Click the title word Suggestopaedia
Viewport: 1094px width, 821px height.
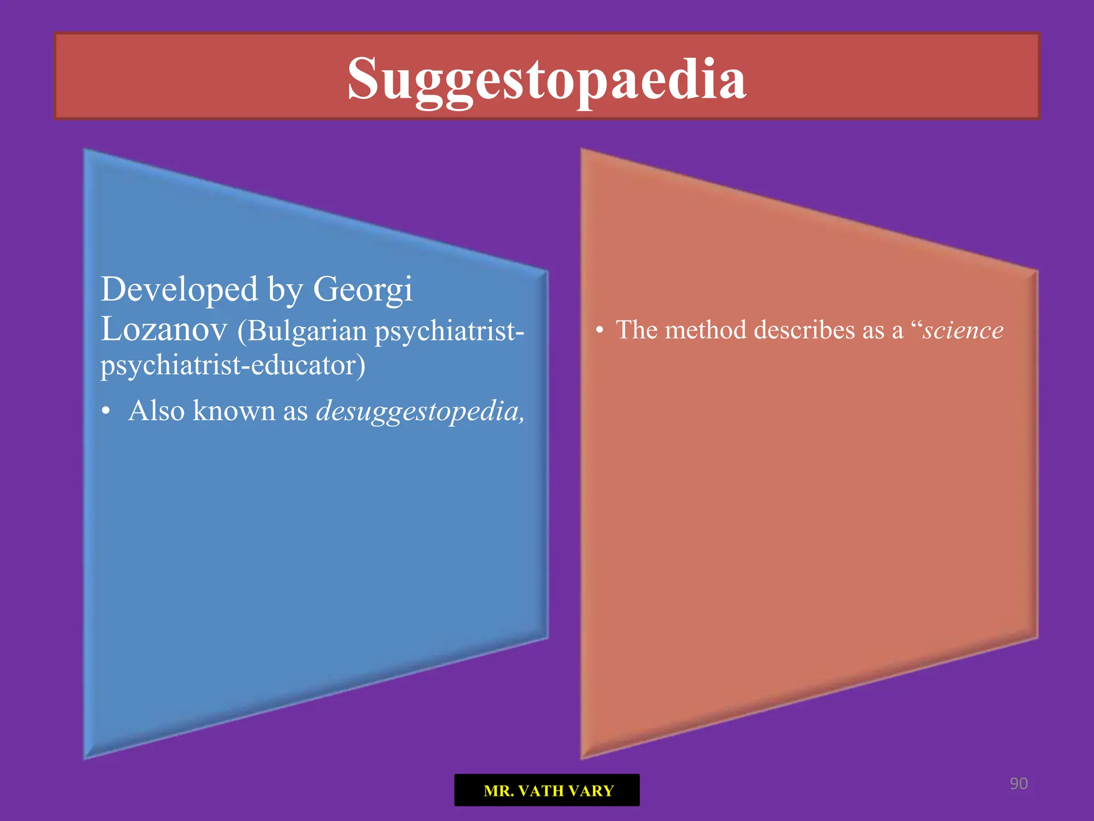pyautogui.click(x=546, y=79)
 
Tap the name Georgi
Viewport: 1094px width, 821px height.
pyautogui.click(x=362, y=290)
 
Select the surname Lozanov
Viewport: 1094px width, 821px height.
pyautogui.click(x=164, y=329)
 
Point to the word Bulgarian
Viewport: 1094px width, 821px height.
pyautogui.click(x=307, y=331)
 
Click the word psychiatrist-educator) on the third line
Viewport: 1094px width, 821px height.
pyautogui.click(x=233, y=365)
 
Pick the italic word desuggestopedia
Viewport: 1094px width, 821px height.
pyautogui.click(x=420, y=411)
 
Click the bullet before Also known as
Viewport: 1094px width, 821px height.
pyautogui.click(x=106, y=412)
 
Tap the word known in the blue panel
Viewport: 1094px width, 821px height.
pyautogui.click(x=234, y=411)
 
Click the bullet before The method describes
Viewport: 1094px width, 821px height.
pyautogui.click(x=599, y=330)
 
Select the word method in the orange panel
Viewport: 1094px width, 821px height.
pyautogui.click(x=706, y=330)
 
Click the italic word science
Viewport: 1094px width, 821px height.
pyautogui.click(x=963, y=330)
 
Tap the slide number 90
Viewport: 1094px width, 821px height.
pyautogui.click(x=1018, y=784)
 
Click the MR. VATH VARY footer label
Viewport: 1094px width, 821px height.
pyautogui.click(x=547, y=790)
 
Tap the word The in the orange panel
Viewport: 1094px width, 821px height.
pyautogui.click(x=636, y=330)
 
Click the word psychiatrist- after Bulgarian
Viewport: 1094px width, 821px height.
pyautogui.click(x=449, y=331)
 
